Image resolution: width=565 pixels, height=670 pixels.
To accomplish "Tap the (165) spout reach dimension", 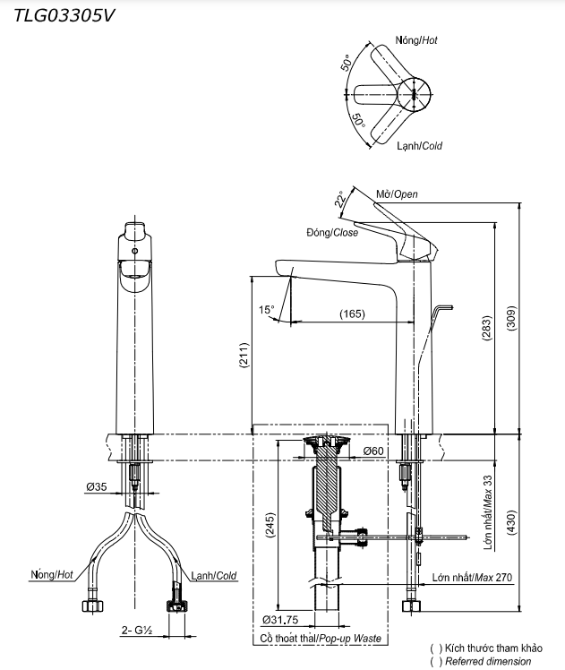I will point(353,314).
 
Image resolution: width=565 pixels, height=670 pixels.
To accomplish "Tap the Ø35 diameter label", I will point(97,486).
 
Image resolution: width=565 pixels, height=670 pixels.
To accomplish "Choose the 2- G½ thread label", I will point(138,631).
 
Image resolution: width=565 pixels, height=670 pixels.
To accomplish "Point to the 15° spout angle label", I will point(267,310).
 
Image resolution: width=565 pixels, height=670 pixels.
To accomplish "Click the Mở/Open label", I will point(397,194).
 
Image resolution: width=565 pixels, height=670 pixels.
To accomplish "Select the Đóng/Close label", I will point(331,233).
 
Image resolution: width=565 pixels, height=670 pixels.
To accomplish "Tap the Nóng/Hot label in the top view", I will point(416,41).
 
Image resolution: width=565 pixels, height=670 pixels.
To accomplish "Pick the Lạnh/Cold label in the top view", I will point(419,145).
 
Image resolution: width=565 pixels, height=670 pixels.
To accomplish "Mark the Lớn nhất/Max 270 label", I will point(471,578).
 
